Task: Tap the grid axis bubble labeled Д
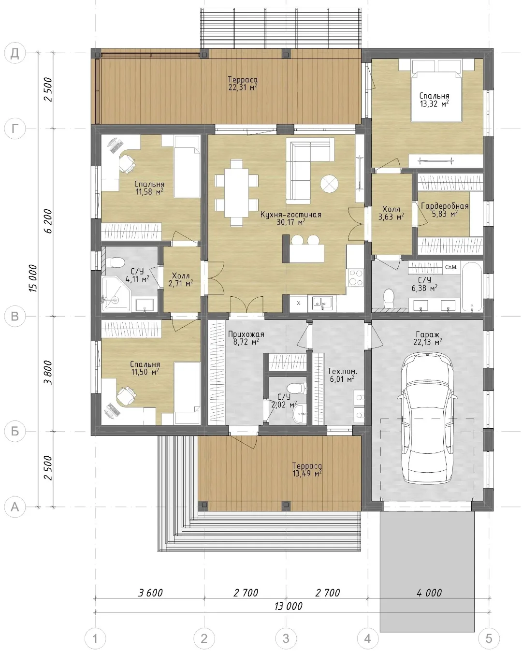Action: tap(15, 53)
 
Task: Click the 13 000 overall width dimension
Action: tap(288, 606)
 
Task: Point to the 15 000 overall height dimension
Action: tap(33, 278)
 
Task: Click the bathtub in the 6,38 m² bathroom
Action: tap(472, 287)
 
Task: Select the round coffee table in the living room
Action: tap(329, 184)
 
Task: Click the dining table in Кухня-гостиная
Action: tap(237, 193)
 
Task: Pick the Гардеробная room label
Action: tap(445, 206)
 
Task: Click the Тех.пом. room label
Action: tap(342, 371)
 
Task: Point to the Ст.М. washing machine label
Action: tap(451, 267)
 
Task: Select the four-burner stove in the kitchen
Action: tap(355, 277)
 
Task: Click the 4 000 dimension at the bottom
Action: tap(429, 593)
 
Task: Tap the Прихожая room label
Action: tap(246, 334)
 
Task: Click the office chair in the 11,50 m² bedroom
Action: tap(127, 395)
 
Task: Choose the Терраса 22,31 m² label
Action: tap(243, 84)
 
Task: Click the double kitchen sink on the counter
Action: tap(322, 303)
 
